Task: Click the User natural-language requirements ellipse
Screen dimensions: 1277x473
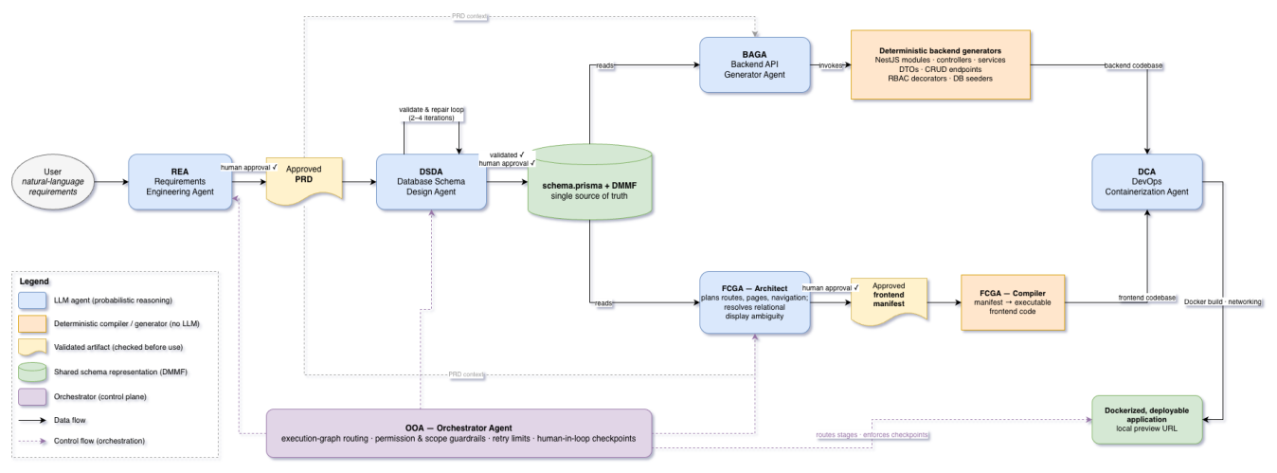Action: [x=53, y=182]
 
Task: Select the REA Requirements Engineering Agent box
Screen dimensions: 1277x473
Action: [x=180, y=182]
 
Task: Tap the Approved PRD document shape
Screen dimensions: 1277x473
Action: [x=304, y=181]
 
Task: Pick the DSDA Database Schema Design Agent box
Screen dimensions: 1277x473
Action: [x=431, y=182]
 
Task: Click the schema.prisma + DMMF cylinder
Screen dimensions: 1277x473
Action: [x=589, y=182]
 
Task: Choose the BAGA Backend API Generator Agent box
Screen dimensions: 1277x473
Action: [x=755, y=65]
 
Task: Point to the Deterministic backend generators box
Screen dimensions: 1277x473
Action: [x=941, y=65]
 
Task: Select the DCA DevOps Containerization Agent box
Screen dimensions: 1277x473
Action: [x=1147, y=182]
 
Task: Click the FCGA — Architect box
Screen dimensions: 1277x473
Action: [x=755, y=302]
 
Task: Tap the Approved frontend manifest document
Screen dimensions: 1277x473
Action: [x=889, y=301]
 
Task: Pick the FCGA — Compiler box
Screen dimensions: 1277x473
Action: [x=1013, y=302]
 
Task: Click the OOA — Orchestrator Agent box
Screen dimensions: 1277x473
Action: [x=459, y=433]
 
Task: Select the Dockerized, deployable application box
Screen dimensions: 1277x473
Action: [x=1147, y=419]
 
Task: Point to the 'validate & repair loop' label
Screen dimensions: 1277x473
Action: [x=432, y=114]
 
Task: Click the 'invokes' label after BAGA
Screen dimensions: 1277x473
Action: [x=831, y=65]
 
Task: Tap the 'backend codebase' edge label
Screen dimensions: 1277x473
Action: [x=1133, y=65]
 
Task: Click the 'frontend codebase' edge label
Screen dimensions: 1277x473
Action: [x=1147, y=298]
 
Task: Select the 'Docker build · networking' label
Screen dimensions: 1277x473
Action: [x=1223, y=301]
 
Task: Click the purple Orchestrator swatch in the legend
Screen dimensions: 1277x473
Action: [x=32, y=397]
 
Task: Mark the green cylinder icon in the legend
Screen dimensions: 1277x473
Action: [x=32, y=372]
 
